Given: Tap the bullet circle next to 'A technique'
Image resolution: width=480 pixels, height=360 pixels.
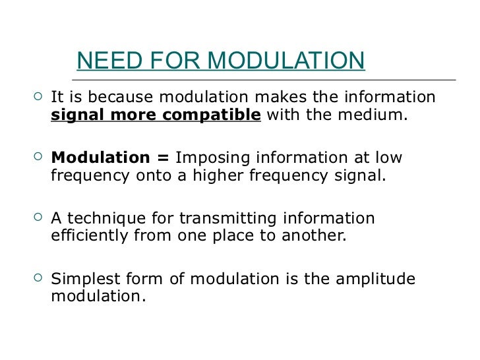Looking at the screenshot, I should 37,218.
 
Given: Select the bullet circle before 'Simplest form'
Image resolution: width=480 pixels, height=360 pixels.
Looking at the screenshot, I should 37,278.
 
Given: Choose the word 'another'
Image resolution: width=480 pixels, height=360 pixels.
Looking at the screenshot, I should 316,236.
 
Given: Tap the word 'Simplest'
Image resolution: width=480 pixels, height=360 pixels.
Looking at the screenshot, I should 81,279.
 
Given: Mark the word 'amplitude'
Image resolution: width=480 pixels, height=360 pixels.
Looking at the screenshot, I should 376,279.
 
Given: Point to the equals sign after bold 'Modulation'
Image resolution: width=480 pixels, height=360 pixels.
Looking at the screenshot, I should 163,159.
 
